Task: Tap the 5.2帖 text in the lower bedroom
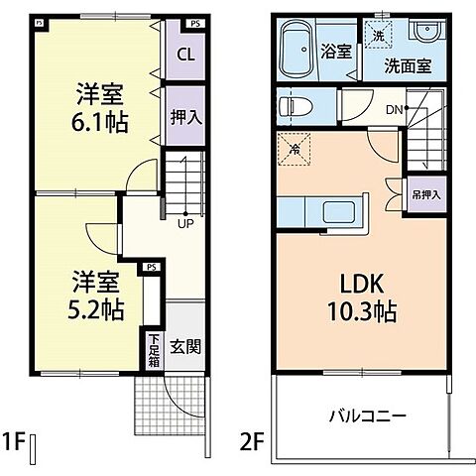94,308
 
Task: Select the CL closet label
184,56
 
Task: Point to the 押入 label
185,117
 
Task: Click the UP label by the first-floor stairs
184,223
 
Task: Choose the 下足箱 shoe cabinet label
154,350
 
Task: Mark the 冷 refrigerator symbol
297,149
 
